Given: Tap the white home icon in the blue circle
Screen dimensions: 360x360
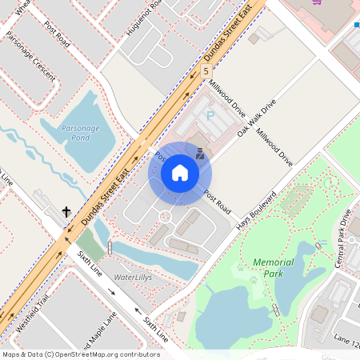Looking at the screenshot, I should (180, 173).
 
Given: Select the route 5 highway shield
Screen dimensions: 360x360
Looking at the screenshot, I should (206, 71).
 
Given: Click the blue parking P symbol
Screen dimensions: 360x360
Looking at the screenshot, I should (210, 115).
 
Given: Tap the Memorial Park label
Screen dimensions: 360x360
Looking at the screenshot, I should (273, 267).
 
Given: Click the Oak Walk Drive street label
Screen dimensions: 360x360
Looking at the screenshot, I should (257, 118).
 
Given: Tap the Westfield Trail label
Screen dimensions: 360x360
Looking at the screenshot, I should (33, 307).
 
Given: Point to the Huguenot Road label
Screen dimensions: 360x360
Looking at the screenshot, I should (144, 18).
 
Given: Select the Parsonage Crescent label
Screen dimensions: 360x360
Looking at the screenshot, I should (30, 56).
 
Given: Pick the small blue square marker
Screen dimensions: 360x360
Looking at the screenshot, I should (358, 26).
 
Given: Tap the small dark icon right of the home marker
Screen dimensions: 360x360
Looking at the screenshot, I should (200, 154).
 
